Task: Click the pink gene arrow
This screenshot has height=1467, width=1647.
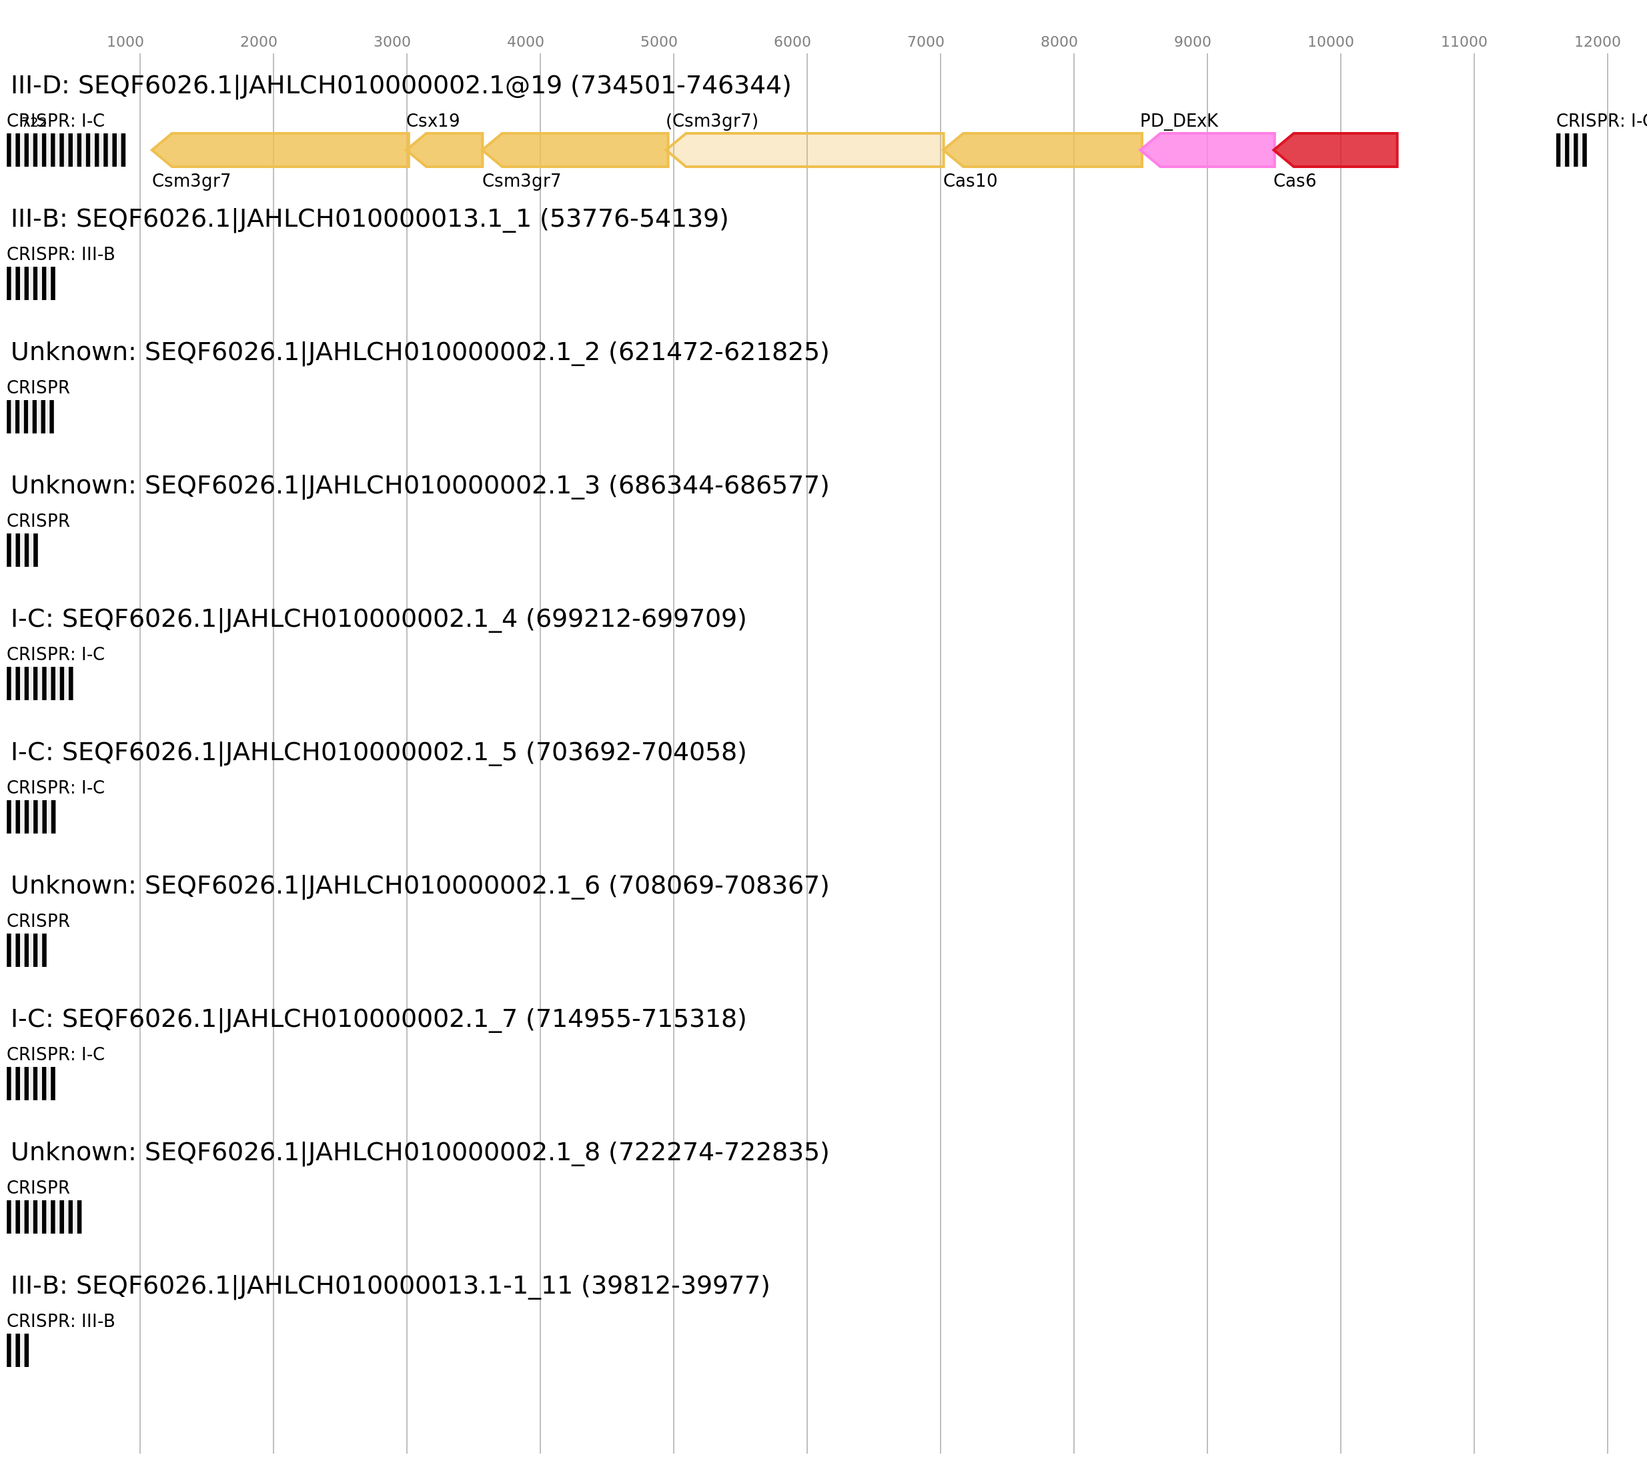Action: pos(1209,150)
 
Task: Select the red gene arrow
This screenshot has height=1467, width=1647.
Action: pos(1338,150)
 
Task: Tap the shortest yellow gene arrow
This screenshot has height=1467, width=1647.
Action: pos(448,150)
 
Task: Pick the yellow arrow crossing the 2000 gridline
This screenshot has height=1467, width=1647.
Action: pos(282,150)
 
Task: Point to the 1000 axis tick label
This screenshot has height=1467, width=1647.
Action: pos(125,42)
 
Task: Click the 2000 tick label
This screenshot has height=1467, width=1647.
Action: pos(258,42)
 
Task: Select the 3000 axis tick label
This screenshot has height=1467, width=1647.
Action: pos(392,42)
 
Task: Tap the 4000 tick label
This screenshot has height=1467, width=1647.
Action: pos(525,42)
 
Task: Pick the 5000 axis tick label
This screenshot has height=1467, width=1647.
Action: pos(658,42)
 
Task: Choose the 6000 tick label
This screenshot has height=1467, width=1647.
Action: pos(792,42)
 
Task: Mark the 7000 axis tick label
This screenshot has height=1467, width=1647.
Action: pos(925,42)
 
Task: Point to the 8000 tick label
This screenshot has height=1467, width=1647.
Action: pos(1059,42)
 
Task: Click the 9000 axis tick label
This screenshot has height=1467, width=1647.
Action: pos(1192,42)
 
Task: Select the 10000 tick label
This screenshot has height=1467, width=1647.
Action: pos(1330,42)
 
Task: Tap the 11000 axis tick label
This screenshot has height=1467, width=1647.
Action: pos(1464,42)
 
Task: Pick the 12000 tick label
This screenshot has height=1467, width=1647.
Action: pos(1597,42)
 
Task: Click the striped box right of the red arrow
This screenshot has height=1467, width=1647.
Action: pos(1571,150)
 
